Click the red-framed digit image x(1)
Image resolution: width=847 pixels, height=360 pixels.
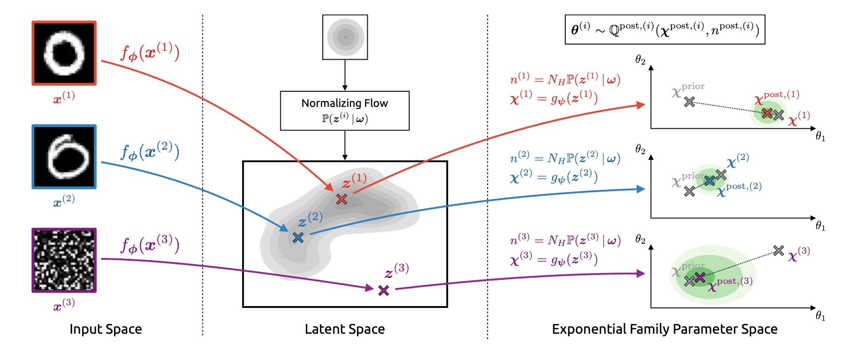point(64,53)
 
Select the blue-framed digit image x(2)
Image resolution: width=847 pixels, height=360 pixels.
point(64,157)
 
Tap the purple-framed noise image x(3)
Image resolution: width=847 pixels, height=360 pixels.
point(64,260)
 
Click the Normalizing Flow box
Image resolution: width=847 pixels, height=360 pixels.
point(345,110)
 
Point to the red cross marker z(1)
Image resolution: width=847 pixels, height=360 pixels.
point(341,199)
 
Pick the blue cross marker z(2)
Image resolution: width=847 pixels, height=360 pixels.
point(298,237)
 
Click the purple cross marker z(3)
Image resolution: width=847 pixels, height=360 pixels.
point(383,290)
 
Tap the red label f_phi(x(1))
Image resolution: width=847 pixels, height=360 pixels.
point(150,53)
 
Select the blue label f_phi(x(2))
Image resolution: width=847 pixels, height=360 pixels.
point(150,152)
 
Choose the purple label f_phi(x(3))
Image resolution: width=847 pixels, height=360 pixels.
point(150,245)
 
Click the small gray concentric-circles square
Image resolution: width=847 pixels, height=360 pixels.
point(345,37)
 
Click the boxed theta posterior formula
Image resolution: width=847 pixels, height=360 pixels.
point(665,29)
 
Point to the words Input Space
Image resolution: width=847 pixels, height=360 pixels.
point(106,329)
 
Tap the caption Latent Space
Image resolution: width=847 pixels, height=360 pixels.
point(345,329)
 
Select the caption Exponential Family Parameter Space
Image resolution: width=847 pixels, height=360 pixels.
point(664,329)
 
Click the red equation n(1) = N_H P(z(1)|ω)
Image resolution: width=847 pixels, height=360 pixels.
point(565,79)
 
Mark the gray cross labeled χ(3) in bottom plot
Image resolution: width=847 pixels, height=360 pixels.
point(778,250)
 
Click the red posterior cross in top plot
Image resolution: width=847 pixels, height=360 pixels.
point(767,113)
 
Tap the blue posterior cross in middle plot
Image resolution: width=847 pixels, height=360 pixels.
point(710,180)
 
